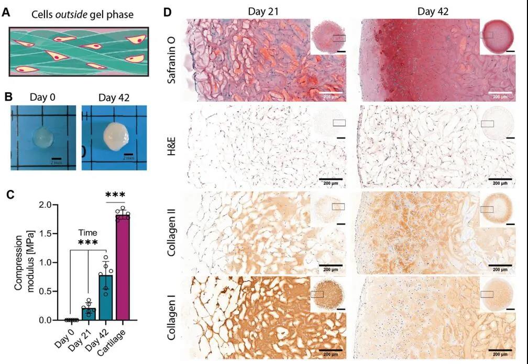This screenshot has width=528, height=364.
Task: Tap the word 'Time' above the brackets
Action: point(88,233)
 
